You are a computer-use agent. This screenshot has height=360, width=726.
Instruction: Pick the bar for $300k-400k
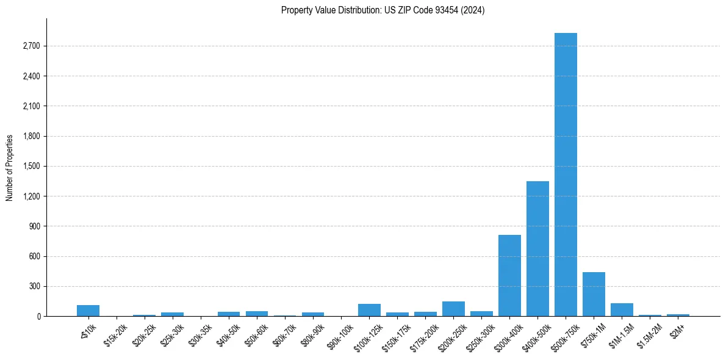pos(509,276)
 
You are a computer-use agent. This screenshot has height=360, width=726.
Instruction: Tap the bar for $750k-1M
pos(594,294)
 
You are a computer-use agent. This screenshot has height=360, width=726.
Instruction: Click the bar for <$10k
pos(88,311)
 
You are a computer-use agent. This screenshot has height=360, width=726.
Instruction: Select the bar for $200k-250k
pos(453,309)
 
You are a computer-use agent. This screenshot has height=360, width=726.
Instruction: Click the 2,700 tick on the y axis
pos(31,46)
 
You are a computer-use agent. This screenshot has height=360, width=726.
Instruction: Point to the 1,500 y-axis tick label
pos(31,167)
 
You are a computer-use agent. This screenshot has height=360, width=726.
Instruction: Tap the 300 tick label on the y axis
pos(35,287)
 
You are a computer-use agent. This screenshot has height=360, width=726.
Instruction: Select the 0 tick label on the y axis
pos(38,317)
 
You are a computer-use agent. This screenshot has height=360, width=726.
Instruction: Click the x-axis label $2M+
pos(677,331)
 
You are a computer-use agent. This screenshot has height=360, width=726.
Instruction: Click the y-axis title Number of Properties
pos(10,167)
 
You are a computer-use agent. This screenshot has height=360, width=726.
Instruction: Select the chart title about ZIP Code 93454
pos(383,10)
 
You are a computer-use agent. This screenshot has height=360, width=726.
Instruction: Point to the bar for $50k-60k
pos(257,314)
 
